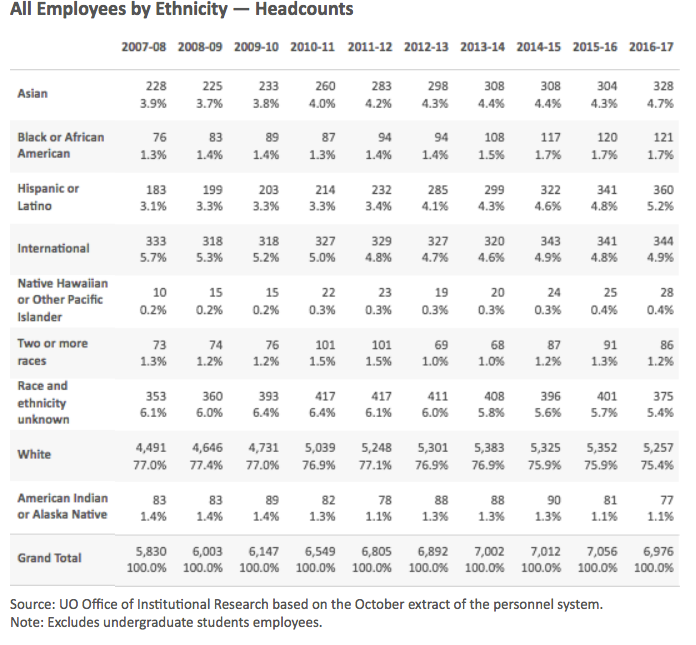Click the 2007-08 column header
click(144, 47)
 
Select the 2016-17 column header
click(651, 47)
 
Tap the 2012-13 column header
click(426, 47)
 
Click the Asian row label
click(32, 94)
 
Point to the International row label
click(53, 248)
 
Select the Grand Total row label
click(49, 558)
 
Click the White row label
click(34, 455)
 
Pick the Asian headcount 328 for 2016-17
click(663, 86)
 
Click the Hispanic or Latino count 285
click(438, 190)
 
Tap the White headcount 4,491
click(151, 448)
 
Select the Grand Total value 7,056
click(601, 552)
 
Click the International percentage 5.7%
click(153, 258)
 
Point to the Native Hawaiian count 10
click(160, 293)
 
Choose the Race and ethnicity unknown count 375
click(663, 396)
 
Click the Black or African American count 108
click(494, 138)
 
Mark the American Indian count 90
click(554, 500)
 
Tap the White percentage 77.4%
click(206, 466)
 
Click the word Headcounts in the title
click(304, 9)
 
